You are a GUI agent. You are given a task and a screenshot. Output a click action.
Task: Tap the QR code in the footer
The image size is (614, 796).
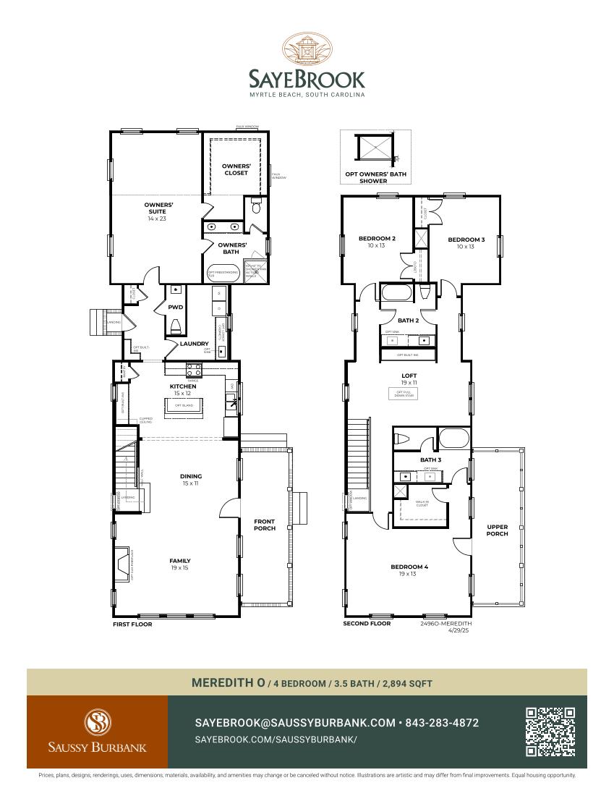pos(550,732)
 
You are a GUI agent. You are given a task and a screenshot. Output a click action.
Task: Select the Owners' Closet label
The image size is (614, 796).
pos(236,169)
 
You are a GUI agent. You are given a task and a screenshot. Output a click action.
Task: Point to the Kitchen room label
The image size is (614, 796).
pos(183,386)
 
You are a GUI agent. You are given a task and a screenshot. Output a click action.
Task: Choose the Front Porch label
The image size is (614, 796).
pos(265,525)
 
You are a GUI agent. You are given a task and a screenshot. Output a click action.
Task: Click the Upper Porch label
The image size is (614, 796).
pos(498,530)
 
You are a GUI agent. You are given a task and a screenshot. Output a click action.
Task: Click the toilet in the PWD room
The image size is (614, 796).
pos(174,327)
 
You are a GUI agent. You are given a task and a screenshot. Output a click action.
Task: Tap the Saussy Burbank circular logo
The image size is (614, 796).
pos(97,722)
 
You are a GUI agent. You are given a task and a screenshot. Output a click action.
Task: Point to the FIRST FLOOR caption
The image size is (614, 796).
pos(132,624)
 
